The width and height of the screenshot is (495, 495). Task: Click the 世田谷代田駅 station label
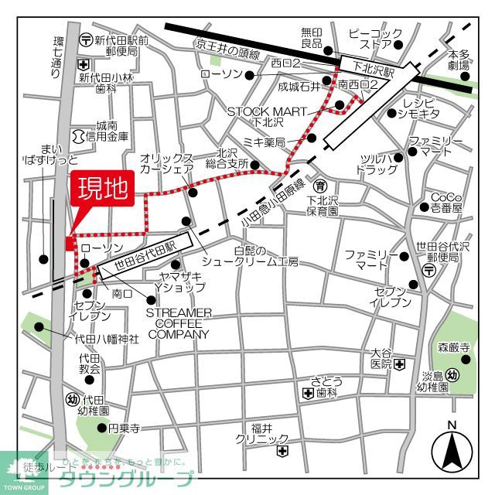coord(146,254)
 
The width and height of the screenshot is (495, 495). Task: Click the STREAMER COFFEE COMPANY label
coord(178,323)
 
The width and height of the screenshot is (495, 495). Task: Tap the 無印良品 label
coord(311,38)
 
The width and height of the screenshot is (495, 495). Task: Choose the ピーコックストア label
coord(375,38)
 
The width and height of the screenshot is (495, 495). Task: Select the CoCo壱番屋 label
coord(447,202)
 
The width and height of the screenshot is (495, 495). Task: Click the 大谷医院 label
coord(381,357)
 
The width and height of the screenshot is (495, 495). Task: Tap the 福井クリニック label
coord(262,434)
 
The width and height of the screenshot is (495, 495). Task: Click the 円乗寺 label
coord(124,428)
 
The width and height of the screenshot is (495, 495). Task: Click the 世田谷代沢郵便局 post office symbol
coord(430,268)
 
